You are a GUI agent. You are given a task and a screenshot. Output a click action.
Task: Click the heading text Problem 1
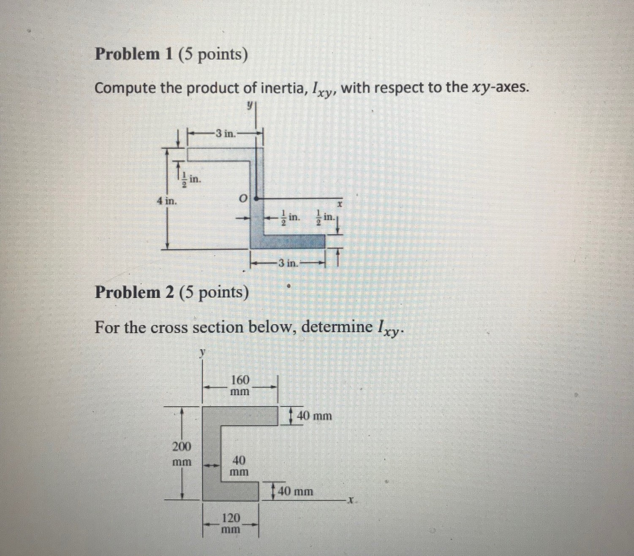(133, 54)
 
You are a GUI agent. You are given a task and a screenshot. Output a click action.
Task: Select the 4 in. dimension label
(166, 201)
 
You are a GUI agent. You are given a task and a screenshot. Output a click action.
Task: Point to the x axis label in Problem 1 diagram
(339, 203)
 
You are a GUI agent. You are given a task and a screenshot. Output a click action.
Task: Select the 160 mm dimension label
(239, 385)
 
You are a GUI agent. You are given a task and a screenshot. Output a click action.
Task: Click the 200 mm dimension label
(182, 453)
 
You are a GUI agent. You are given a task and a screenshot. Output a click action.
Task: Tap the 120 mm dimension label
(231, 523)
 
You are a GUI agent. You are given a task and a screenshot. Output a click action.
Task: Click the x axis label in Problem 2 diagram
(350, 501)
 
